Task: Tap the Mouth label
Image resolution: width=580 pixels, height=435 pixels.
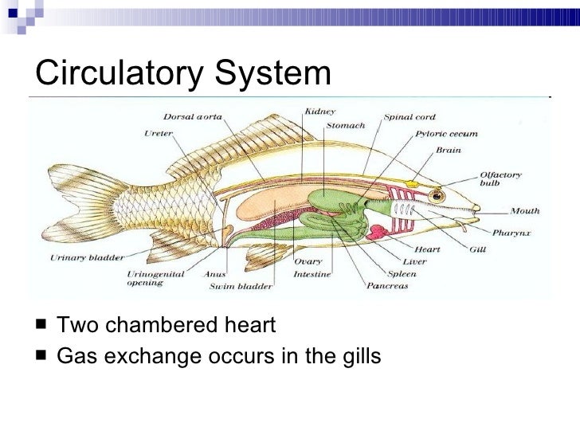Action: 525,211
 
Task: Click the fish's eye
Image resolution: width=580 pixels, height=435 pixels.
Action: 437,195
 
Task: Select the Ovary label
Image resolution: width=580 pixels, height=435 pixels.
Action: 308,261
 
